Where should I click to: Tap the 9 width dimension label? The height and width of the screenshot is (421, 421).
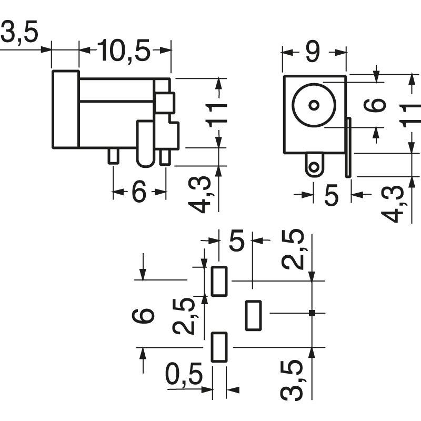(313, 52)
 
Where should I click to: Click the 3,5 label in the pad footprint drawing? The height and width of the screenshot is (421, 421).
(292, 379)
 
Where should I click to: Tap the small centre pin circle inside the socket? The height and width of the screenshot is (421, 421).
(314, 105)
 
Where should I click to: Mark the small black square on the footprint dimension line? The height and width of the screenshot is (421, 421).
(312, 313)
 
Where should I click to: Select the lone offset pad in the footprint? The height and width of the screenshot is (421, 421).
(253, 315)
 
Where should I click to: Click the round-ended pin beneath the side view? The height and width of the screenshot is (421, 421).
(146, 144)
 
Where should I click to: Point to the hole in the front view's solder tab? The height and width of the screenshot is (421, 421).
(314, 167)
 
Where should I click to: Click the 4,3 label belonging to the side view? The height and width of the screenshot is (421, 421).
(199, 195)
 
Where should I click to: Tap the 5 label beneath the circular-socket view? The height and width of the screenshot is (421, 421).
(332, 195)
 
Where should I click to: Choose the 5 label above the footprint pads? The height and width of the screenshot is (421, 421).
(236, 240)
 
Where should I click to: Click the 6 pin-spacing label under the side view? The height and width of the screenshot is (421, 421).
(139, 191)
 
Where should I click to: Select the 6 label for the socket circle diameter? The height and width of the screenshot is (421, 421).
(375, 105)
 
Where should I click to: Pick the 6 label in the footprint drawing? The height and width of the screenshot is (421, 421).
(143, 316)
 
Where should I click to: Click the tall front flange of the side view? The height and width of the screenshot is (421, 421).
(65, 109)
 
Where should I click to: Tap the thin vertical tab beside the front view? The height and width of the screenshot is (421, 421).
(348, 147)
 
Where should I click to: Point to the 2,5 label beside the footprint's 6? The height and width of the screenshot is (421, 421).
(184, 316)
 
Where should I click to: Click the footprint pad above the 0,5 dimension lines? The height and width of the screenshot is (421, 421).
(219, 347)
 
